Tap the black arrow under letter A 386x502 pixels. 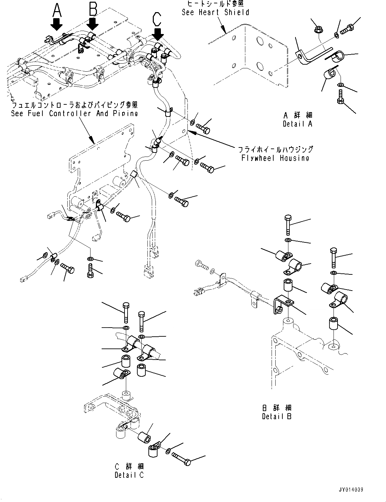coord(57,25)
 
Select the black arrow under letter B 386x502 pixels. coord(93,24)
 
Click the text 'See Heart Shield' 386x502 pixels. coord(215,12)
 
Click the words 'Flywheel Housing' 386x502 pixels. coord(275,158)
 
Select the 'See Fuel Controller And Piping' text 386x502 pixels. coord(74,113)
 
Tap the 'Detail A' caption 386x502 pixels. coord(297,124)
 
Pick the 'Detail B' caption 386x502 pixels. coord(277,416)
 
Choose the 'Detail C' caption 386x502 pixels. coord(129,475)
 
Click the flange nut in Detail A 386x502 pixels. coord(318,30)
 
